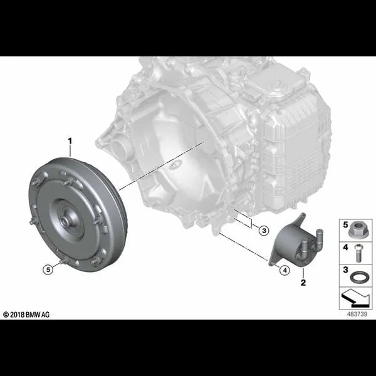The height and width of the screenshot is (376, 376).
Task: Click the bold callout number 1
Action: pos(70,141)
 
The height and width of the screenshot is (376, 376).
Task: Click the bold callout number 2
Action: pos(303,283)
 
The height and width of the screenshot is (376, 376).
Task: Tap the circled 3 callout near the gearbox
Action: pos(264,231)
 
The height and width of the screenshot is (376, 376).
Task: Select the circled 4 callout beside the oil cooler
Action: pos(285,271)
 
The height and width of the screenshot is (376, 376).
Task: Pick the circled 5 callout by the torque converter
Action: pos(48,269)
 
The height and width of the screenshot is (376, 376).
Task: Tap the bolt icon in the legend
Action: pos(358,253)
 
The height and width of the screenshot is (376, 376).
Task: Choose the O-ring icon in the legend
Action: pos(358,277)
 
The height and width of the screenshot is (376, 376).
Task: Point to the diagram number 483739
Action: pos(357,314)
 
